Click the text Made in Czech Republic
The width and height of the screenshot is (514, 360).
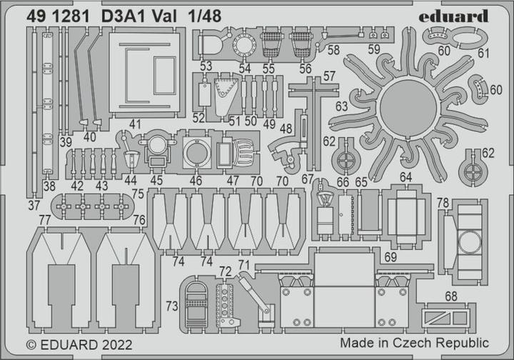pyautogui.click(x=414, y=343)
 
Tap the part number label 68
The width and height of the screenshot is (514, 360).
pyautogui.click(x=450, y=296)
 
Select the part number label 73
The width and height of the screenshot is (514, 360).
pyautogui.click(x=172, y=306)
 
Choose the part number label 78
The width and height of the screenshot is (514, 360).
pyautogui.click(x=443, y=204)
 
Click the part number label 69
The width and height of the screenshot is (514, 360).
pyautogui.click(x=390, y=256)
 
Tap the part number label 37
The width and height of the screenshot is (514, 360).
pyautogui.click(x=34, y=206)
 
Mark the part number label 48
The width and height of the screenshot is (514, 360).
pyautogui.click(x=287, y=129)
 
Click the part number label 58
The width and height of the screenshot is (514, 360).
pyautogui.click(x=333, y=49)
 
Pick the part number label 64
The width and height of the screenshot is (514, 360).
pyautogui.click(x=405, y=176)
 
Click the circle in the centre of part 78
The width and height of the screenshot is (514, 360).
pyautogui.click(x=468, y=243)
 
